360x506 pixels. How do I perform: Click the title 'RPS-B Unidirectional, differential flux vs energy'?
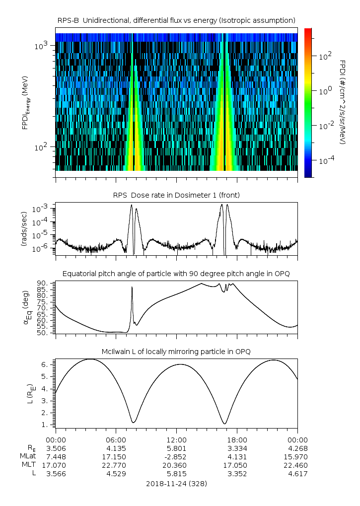[177, 20]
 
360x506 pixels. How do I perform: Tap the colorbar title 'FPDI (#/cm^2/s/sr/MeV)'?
[343, 102]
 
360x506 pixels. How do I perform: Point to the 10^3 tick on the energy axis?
[41, 46]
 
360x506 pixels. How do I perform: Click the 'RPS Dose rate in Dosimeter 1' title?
[177, 195]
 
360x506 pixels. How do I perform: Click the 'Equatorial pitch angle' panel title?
[176, 274]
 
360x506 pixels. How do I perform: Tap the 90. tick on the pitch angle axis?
[43, 283]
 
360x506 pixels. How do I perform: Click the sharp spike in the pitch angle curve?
[132, 288]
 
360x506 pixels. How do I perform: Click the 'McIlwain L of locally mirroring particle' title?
[176, 352]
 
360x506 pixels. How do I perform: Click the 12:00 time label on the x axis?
[176, 439]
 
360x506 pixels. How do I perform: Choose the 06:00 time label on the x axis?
[116, 439]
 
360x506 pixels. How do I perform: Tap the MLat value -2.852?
[176, 456]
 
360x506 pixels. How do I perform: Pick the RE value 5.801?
[176, 448]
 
